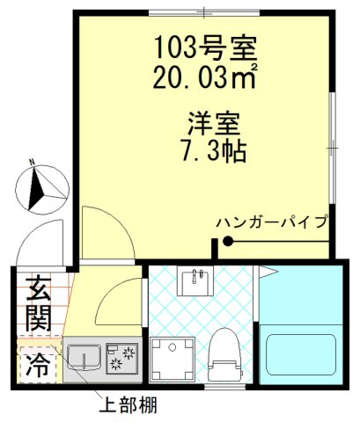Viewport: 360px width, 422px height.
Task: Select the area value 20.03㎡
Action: pos(204,76)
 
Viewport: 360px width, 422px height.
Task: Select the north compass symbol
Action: pos(40,186)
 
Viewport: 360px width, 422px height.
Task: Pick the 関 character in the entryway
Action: pos(37,318)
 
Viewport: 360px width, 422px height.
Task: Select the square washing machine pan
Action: pos(172,360)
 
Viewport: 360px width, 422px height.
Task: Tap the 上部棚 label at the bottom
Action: pos(127,406)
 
